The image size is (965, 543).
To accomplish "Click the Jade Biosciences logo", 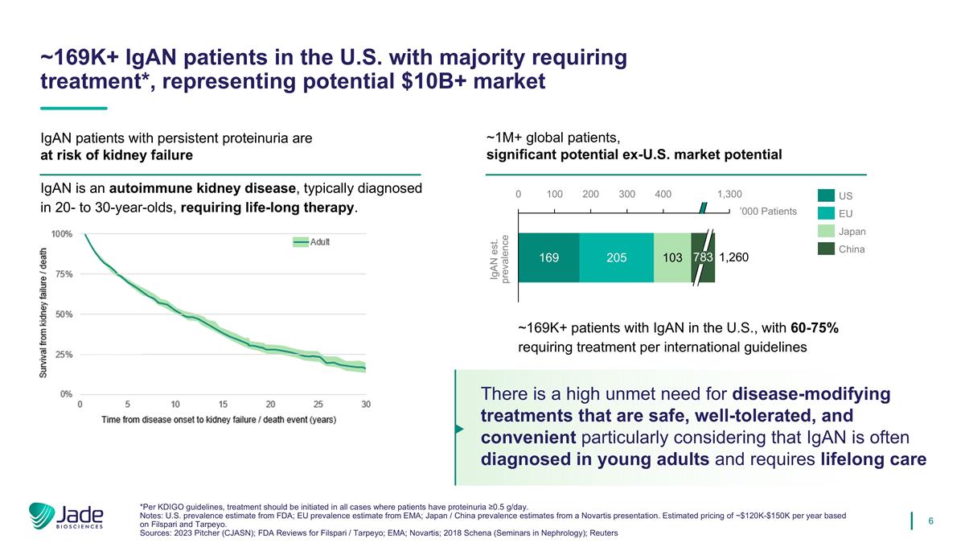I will [66, 516].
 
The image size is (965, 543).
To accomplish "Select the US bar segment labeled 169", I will [549, 258].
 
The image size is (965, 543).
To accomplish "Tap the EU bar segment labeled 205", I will [616, 258].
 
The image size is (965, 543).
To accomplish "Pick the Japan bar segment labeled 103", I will [671, 258].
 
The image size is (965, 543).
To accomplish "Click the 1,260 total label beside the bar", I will [735, 258].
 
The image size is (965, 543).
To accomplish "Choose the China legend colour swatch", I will [826, 249].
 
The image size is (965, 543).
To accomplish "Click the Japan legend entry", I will [851, 232].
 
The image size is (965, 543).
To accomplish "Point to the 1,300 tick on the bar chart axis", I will [729, 195].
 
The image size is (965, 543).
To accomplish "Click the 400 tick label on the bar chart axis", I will [663, 195].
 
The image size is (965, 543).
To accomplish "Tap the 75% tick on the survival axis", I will [63, 274].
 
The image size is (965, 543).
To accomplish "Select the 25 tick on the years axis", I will [318, 404].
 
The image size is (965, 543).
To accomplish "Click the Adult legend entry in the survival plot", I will [310, 242].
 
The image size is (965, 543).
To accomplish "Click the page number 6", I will [930, 520].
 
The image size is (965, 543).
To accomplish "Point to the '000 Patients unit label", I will [767, 212].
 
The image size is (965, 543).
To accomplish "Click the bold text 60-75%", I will [815, 328].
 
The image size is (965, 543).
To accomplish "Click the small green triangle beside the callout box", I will [459, 429].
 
